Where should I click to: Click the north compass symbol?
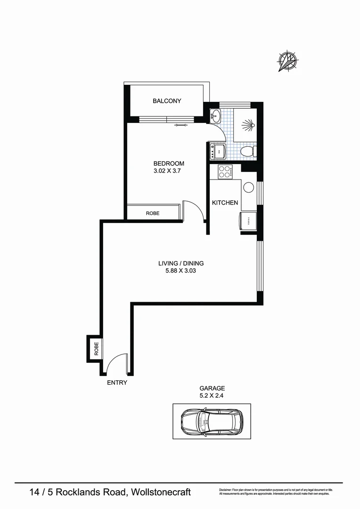(288, 62)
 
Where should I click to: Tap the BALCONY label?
(167, 101)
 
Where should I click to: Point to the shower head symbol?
(248, 125)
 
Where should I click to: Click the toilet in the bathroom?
(247, 151)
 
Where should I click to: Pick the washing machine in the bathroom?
(217, 151)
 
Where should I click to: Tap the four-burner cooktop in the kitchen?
(224, 172)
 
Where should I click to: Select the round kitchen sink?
(248, 187)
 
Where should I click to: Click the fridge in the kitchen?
(247, 220)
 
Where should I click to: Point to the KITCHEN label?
(225, 203)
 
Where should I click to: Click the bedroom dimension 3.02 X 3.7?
(167, 172)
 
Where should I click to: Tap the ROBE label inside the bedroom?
(152, 213)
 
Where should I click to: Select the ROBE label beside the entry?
(96, 349)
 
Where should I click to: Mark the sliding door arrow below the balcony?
(180, 125)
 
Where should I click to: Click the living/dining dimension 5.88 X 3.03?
(181, 271)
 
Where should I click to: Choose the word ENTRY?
(117, 383)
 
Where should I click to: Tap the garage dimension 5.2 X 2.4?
(211, 396)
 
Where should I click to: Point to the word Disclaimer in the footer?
(228, 490)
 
